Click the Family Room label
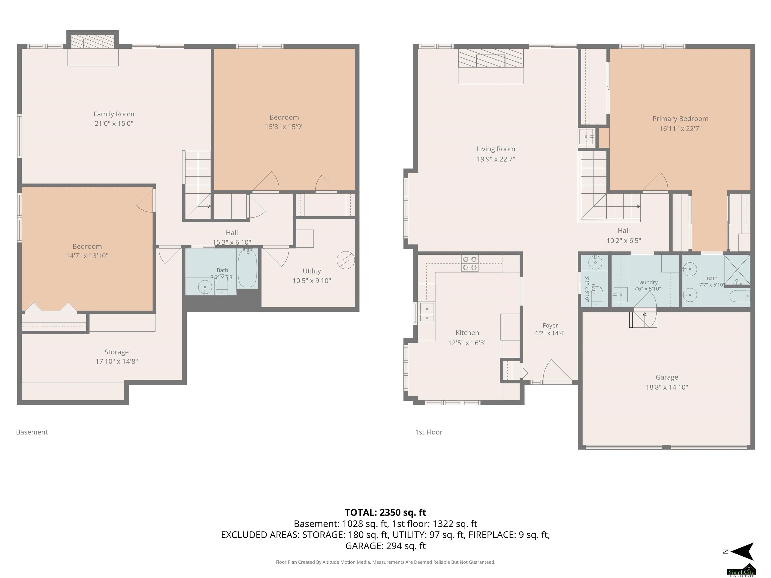tap(114, 114)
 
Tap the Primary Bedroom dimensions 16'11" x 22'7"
tap(680, 128)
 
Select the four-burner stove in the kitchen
tap(470, 263)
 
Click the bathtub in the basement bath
tap(247, 268)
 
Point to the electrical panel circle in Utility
tap(346, 260)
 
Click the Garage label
tap(667, 377)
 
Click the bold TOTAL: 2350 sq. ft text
tap(385, 513)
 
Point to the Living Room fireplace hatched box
tap(491, 58)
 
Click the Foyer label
tap(550, 325)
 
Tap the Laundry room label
tap(647, 282)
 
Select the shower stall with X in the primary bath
tap(737, 270)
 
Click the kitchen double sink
tap(427, 312)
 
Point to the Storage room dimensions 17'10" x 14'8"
tap(117, 361)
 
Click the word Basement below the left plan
tap(32, 432)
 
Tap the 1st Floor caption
tap(429, 432)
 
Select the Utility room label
tap(312, 271)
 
